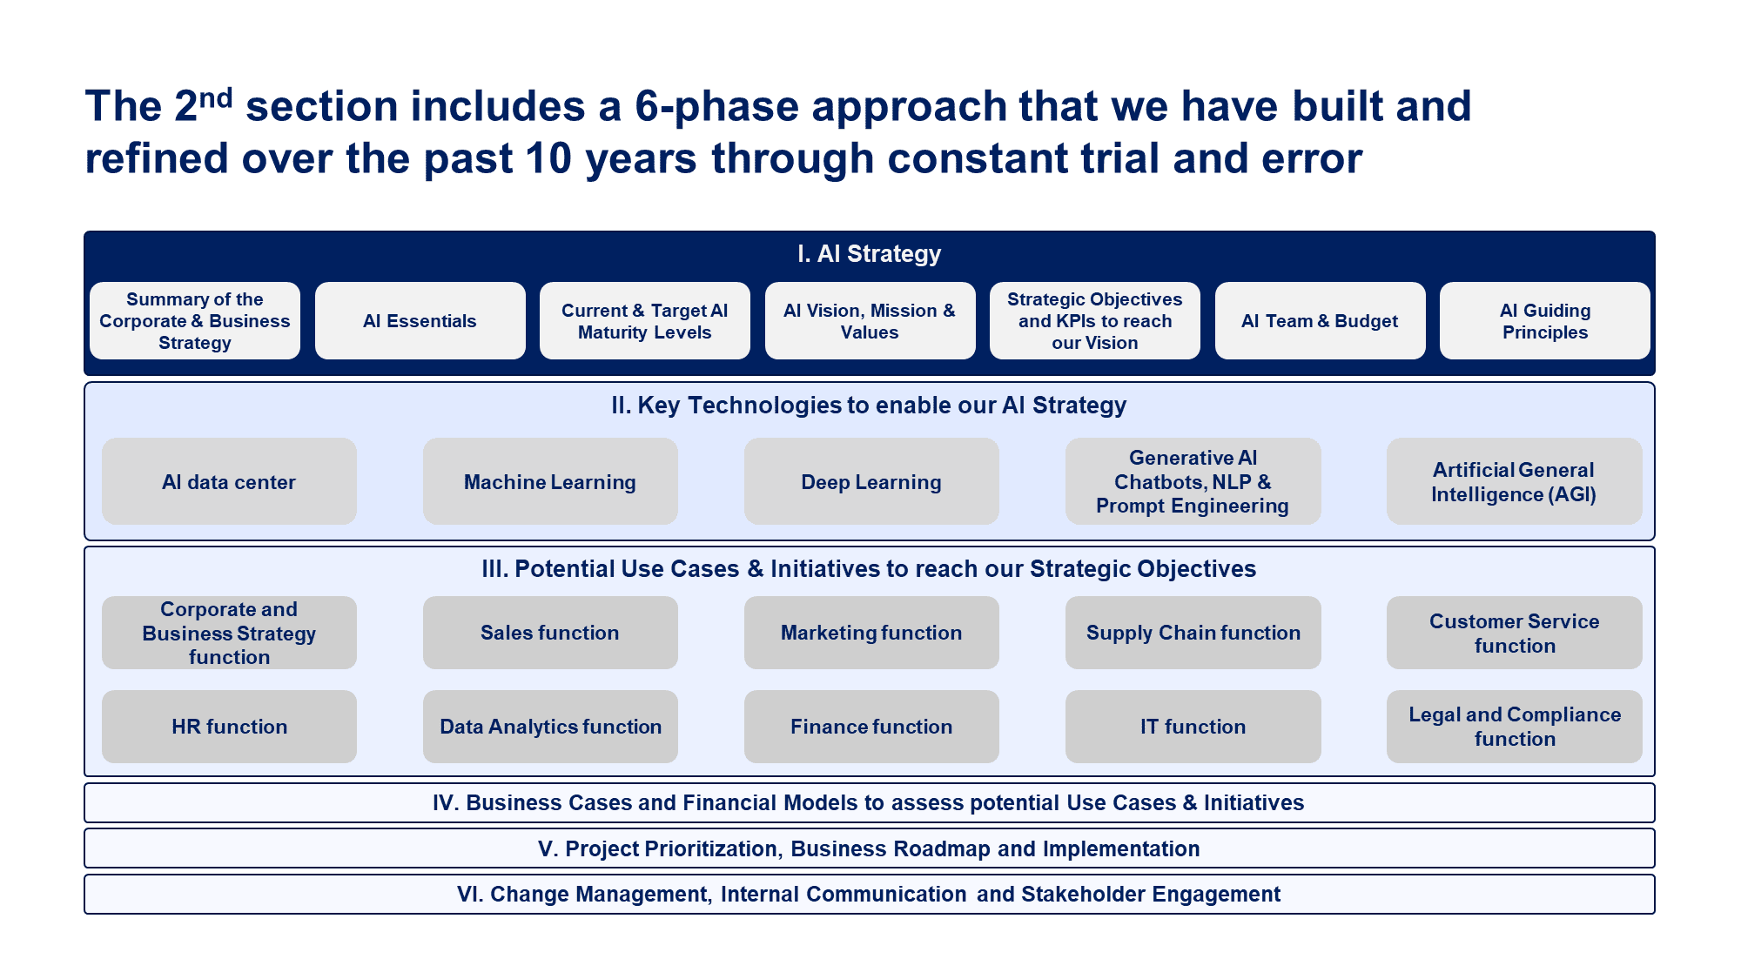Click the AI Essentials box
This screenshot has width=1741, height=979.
point(420,320)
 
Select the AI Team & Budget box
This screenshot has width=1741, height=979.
point(1320,320)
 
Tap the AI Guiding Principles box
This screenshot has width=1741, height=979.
point(1544,320)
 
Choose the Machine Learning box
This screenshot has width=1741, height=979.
point(549,481)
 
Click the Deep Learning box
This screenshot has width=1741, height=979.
point(870,481)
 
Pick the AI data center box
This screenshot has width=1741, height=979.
point(229,481)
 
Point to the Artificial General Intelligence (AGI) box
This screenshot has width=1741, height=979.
point(1514,481)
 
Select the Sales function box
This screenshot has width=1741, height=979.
point(549,633)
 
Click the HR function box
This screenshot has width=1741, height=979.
point(229,727)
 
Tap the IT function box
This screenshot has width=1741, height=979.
point(1193,727)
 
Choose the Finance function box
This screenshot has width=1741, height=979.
point(870,727)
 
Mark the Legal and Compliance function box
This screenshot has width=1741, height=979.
point(1514,727)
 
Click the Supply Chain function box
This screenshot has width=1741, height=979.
point(1193,633)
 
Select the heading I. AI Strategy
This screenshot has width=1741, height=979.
point(869,253)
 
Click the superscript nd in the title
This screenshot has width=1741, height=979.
point(216,97)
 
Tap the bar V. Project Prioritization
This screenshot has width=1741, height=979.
point(869,848)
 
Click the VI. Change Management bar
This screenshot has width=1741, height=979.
point(869,894)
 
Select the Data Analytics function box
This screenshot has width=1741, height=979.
point(549,727)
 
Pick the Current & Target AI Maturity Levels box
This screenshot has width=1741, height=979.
point(644,320)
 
